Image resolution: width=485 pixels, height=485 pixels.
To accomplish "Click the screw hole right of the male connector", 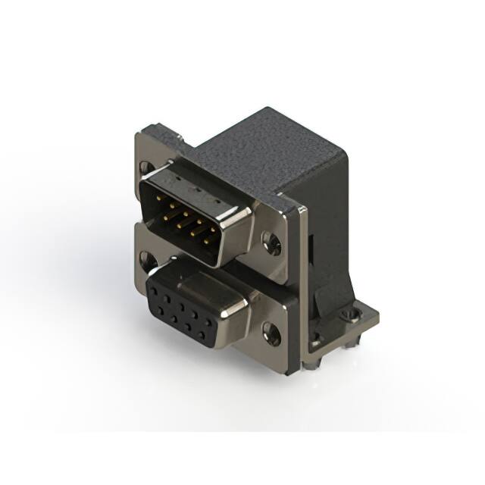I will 271,242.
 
